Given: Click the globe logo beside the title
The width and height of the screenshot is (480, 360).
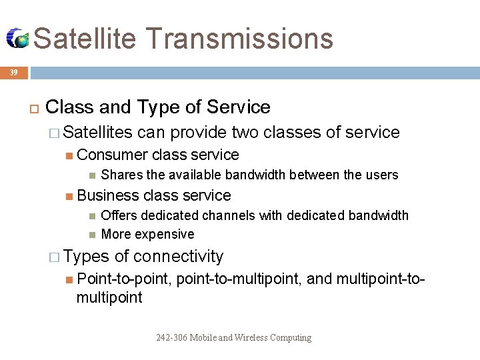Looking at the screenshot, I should tap(17, 39).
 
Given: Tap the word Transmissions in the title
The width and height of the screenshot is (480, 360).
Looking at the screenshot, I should tap(238, 38).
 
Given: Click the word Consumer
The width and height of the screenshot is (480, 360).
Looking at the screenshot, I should tap(112, 155).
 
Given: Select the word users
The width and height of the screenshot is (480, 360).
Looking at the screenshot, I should tap(381, 175).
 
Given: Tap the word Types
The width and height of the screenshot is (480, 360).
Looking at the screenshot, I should tap(87, 257).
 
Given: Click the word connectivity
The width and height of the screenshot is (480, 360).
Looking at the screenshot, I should tap(178, 257).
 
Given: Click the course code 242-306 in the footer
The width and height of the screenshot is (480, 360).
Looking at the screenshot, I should tap(172, 338).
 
